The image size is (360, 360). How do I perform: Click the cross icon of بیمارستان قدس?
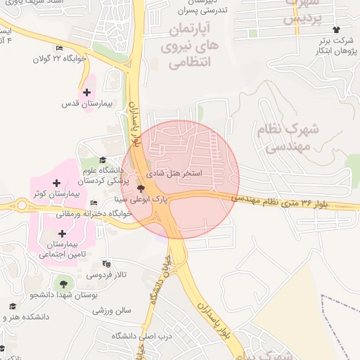tap(86, 92)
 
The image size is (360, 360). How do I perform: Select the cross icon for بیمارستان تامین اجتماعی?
tap(63, 233)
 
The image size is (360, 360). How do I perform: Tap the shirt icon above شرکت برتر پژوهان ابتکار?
tap(336, 30)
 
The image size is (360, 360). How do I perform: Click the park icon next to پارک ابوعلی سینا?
tap(141, 188)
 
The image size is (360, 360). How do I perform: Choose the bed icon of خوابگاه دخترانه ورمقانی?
tap(94, 203)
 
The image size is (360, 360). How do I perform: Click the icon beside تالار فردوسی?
tap(106, 264)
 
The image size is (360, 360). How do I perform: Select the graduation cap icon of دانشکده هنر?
tap(13, 306)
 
